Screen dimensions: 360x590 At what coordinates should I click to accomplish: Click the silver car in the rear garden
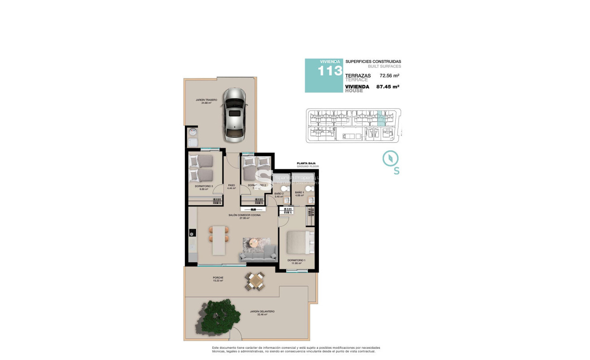(235, 113)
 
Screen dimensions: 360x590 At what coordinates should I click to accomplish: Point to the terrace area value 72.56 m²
(389, 76)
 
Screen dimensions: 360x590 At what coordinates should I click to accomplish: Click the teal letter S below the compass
(397, 171)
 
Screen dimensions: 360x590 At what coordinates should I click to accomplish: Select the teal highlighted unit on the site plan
(381, 118)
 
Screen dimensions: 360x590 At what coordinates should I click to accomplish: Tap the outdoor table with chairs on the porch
(255, 281)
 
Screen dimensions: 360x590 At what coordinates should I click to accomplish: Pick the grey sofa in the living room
(258, 254)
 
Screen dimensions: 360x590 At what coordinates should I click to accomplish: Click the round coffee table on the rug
(254, 244)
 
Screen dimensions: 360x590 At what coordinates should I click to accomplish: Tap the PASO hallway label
(232, 185)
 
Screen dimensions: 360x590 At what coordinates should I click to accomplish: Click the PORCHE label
(218, 278)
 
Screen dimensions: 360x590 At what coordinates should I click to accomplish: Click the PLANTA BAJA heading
(307, 163)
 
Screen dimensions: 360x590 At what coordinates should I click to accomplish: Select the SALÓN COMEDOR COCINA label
(244, 215)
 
